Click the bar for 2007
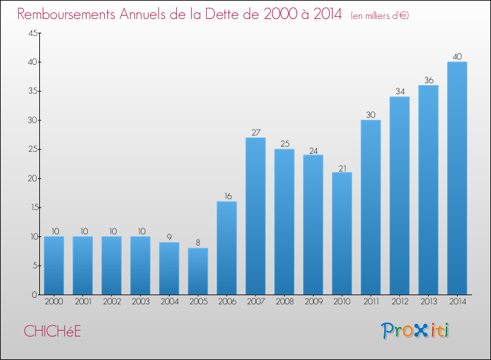click(x=255, y=216)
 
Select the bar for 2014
click(x=457, y=178)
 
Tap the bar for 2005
click(x=198, y=271)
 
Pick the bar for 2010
click(x=342, y=233)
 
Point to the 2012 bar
click(x=399, y=196)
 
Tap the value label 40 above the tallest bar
click(x=457, y=57)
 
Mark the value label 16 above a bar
click(x=227, y=196)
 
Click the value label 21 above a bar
click(x=342, y=168)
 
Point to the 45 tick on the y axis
click(x=31, y=33)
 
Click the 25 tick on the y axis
click(x=31, y=149)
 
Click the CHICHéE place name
click(x=52, y=331)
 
